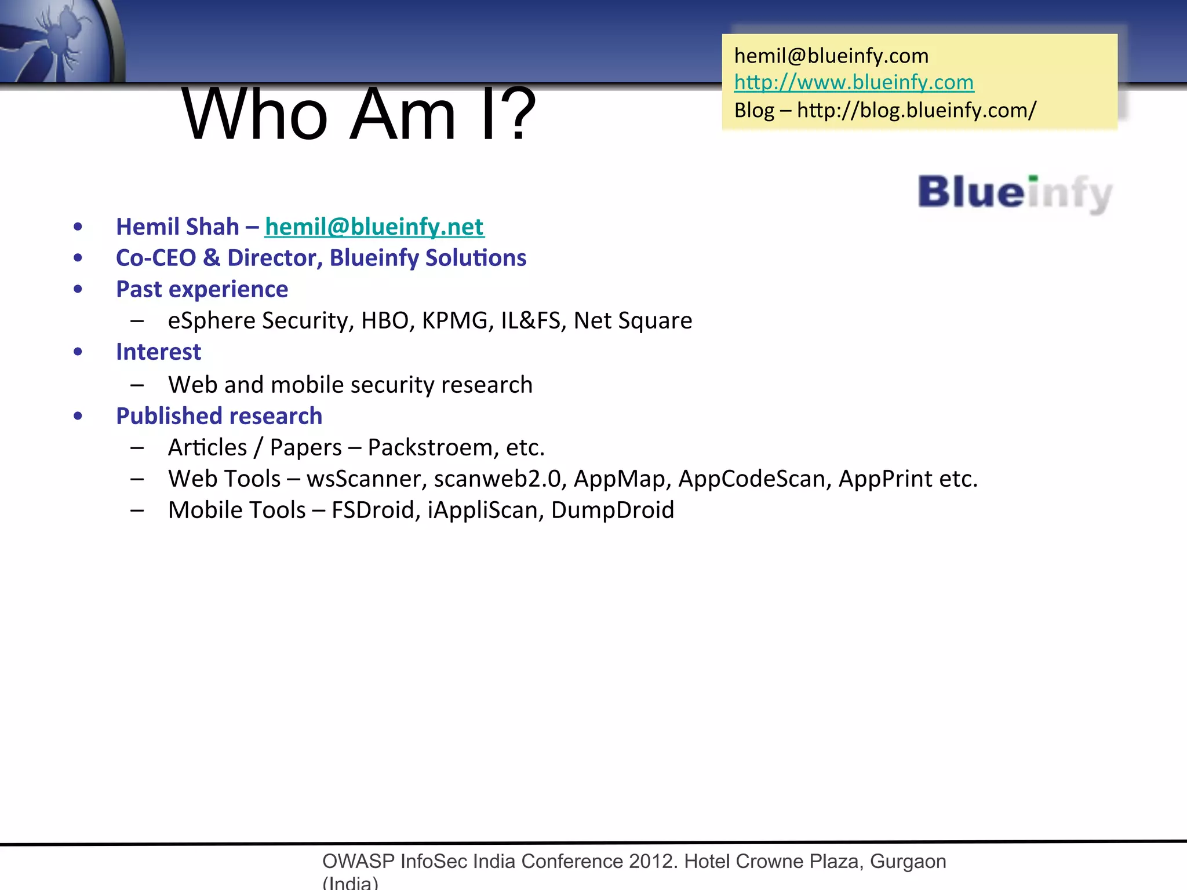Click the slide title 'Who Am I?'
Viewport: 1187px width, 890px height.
(x=359, y=114)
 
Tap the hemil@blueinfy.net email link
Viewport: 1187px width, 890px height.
(x=374, y=227)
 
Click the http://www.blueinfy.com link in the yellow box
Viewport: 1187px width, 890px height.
(x=854, y=82)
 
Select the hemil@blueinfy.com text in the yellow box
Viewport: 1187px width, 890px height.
(x=831, y=56)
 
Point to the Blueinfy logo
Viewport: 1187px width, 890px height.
(x=1015, y=193)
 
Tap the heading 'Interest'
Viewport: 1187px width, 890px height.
(x=158, y=352)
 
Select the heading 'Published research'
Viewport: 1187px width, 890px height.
(x=219, y=416)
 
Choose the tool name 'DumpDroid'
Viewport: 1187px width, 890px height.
(x=613, y=510)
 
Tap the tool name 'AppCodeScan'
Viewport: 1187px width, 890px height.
(x=755, y=479)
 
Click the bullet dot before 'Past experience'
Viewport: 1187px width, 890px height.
(x=78, y=289)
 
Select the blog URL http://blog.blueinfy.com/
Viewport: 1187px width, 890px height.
(x=916, y=110)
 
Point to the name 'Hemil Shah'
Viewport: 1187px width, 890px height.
(x=177, y=227)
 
